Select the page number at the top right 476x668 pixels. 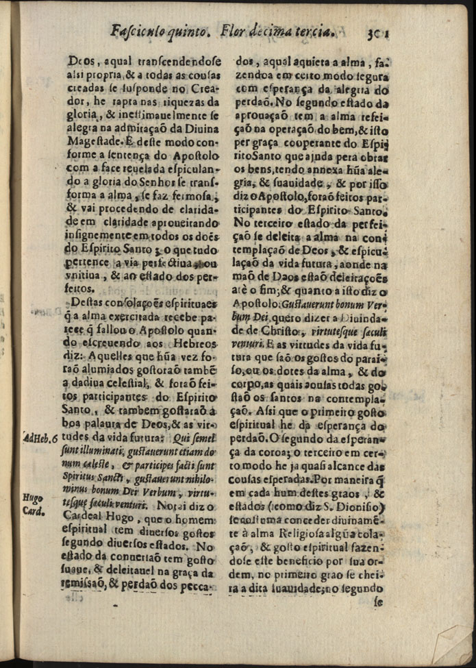[x=377, y=31]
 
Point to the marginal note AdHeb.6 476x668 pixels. [x=40, y=439]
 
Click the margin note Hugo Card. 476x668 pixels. [x=33, y=504]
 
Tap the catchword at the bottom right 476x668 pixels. [x=379, y=604]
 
